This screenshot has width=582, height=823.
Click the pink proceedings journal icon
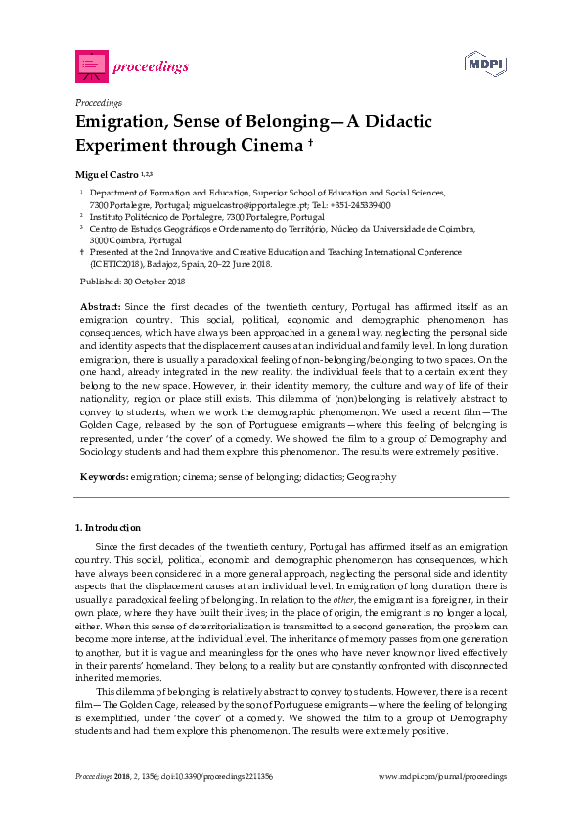(x=91, y=66)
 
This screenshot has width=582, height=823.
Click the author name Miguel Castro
(x=107, y=173)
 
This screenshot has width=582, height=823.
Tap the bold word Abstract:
(x=101, y=307)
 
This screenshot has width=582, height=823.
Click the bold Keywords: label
(x=104, y=476)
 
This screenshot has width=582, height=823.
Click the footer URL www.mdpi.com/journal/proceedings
(x=442, y=776)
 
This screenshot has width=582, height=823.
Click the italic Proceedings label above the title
(x=98, y=102)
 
